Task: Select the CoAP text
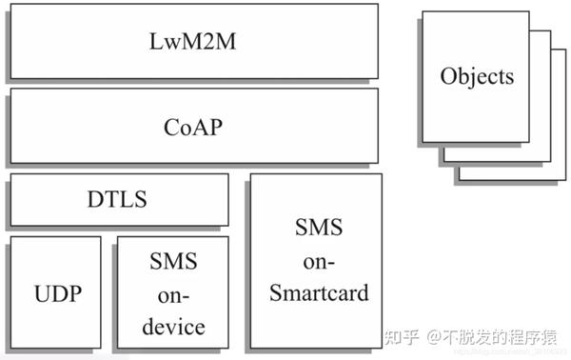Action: tap(193, 126)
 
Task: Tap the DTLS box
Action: tap(118, 200)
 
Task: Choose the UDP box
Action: tap(54, 292)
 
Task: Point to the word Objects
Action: tap(477, 76)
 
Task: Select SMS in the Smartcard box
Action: tap(318, 229)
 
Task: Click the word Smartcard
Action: tap(318, 292)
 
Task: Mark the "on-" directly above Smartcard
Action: tap(318, 260)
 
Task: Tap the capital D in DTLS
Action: tap(93, 200)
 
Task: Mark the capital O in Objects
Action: tap(448, 76)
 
